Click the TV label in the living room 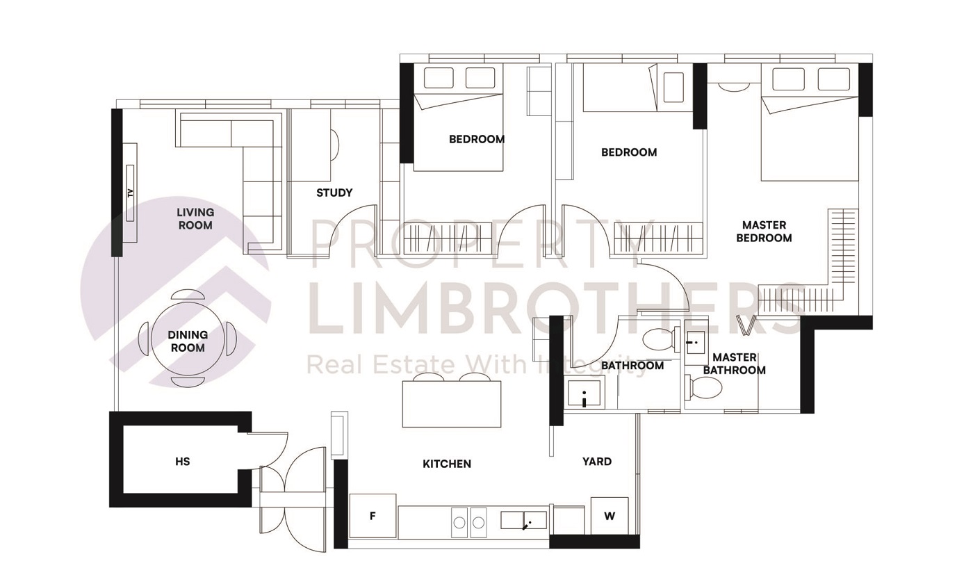pyautogui.click(x=130, y=193)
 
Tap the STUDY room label pyautogui.click(x=334, y=193)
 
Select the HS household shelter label pyautogui.click(x=182, y=461)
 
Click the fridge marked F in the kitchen pyautogui.click(x=373, y=516)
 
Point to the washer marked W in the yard pyautogui.click(x=610, y=516)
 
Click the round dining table pyautogui.click(x=188, y=340)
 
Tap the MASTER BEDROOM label pyautogui.click(x=764, y=232)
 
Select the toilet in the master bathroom pyautogui.click(x=703, y=387)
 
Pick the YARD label pyautogui.click(x=597, y=461)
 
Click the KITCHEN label pyautogui.click(x=447, y=464)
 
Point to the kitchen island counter pyautogui.click(x=452, y=404)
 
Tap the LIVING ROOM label pyautogui.click(x=195, y=218)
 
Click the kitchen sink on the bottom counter pyautogui.click(x=523, y=520)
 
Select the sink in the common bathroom pyautogui.click(x=584, y=394)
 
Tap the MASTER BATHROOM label pyautogui.click(x=734, y=364)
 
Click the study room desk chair pyautogui.click(x=334, y=145)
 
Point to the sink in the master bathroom pyautogui.click(x=694, y=342)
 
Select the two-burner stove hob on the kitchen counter pyautogui.click(x=469, y=522)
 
